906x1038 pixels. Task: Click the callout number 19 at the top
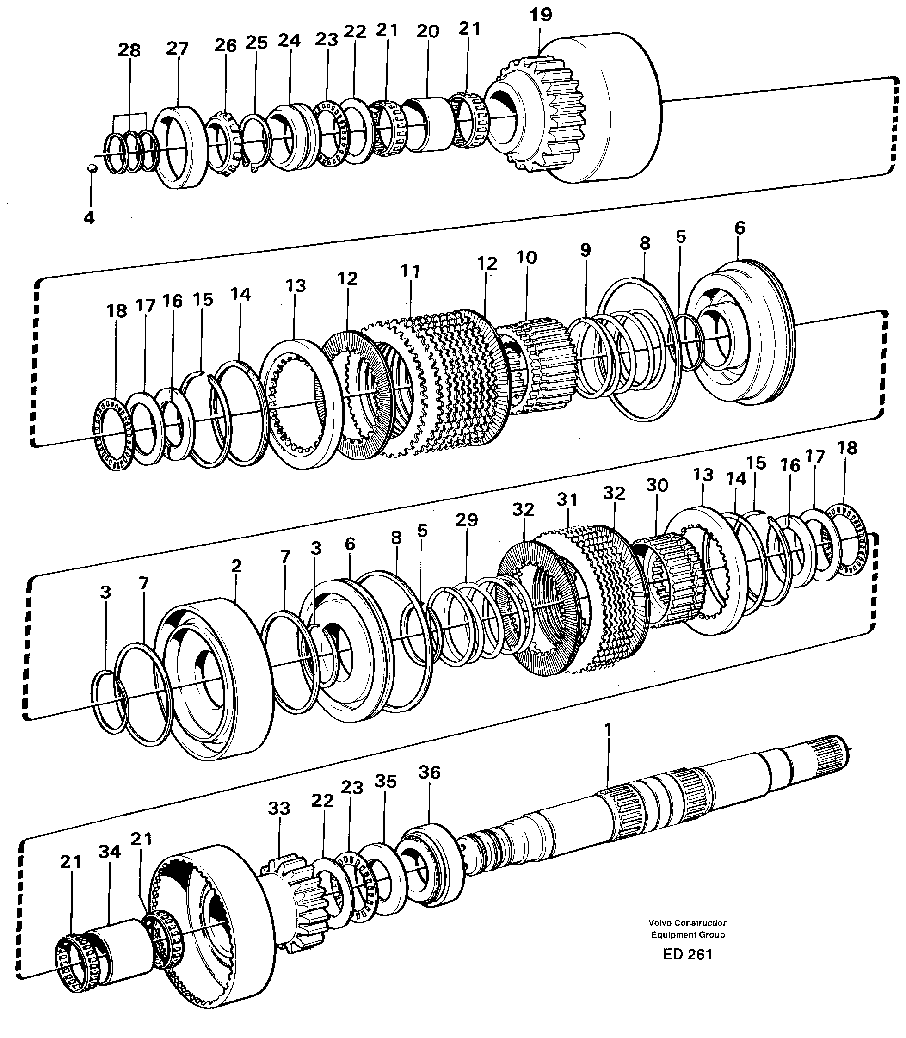pos(541,15)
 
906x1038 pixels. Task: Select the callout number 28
pos(129,50)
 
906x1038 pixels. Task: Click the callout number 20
pos(428,32)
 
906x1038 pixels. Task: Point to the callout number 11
pos(411,272)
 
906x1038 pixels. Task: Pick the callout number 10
pos(526,257)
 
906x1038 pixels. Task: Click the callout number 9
pos(586,250)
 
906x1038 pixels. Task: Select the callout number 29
pos(466,520)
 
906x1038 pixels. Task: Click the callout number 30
pos(657,485)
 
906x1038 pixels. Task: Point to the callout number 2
pos(236,566)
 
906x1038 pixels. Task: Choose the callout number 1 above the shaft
pos(608,730)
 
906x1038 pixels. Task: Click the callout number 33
pos(278,809)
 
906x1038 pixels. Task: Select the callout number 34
pos(109,852)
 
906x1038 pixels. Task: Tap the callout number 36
pos(429,772)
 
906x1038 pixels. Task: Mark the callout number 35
pos(385,781)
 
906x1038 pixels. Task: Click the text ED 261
pos(687,954)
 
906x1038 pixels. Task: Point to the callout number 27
pos(177,49)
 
